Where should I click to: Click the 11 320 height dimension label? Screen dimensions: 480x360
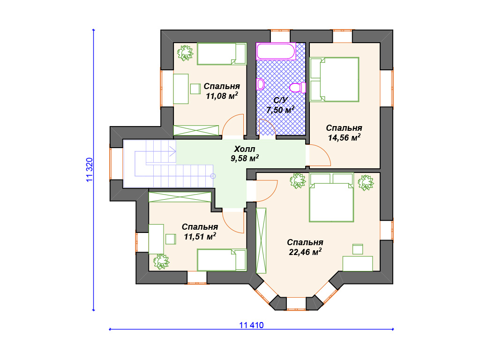pos(90,170)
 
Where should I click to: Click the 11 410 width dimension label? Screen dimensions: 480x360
pos(251,325)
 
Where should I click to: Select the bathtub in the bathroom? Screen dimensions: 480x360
pos(276,51)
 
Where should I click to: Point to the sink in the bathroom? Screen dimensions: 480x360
pos(261,84)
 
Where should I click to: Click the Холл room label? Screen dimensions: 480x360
pos(245,149)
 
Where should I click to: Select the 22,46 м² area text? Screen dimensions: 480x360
pos(305,252)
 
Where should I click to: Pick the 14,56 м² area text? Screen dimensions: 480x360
pos(344,137)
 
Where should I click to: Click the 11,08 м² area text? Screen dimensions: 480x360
pos(222,96)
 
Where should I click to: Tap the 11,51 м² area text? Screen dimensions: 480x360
pos(200,236)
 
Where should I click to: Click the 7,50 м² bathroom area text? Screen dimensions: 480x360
pos(280,110)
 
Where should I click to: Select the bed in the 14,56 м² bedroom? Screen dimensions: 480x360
pos(334,80)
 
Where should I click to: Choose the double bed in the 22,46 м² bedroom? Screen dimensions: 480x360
pos(331,197)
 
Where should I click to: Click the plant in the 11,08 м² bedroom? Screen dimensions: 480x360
pos(185,53)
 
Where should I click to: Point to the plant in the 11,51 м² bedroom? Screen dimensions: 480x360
pos(161,262)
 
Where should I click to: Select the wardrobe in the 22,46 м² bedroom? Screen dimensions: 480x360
pos(261,240)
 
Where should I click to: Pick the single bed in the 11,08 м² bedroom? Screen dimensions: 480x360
pos(222,53)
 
